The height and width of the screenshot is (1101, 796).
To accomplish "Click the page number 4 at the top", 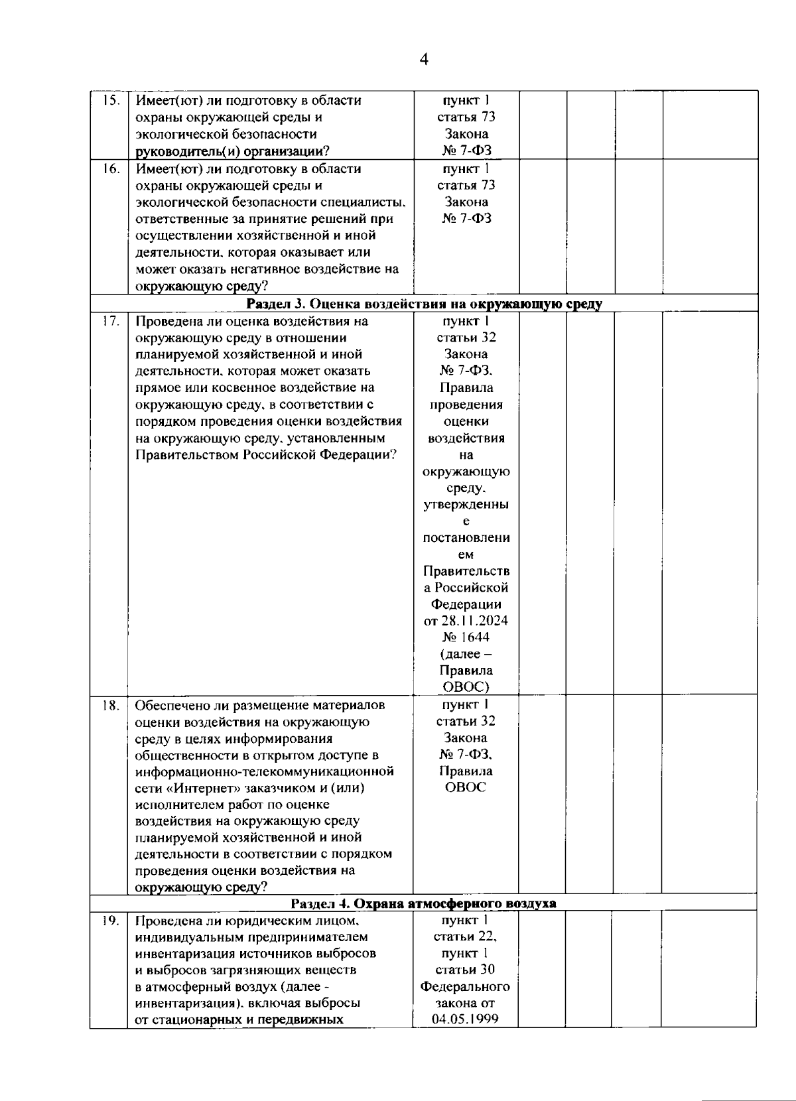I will coord(424,60).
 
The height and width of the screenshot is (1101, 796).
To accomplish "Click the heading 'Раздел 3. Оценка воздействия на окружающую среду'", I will coord(424,304).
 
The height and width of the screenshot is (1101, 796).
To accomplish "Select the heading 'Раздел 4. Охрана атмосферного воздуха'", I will coord(424,903).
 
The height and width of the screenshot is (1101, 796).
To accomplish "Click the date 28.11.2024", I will coord(466,621).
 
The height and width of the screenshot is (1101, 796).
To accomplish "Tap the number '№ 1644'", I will coord(466,637).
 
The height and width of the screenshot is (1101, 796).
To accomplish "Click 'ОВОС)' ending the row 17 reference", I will coord(466,687).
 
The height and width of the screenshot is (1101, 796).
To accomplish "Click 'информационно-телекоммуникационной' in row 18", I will coord(265,771).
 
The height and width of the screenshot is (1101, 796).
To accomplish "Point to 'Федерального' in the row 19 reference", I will coord(466,986).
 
